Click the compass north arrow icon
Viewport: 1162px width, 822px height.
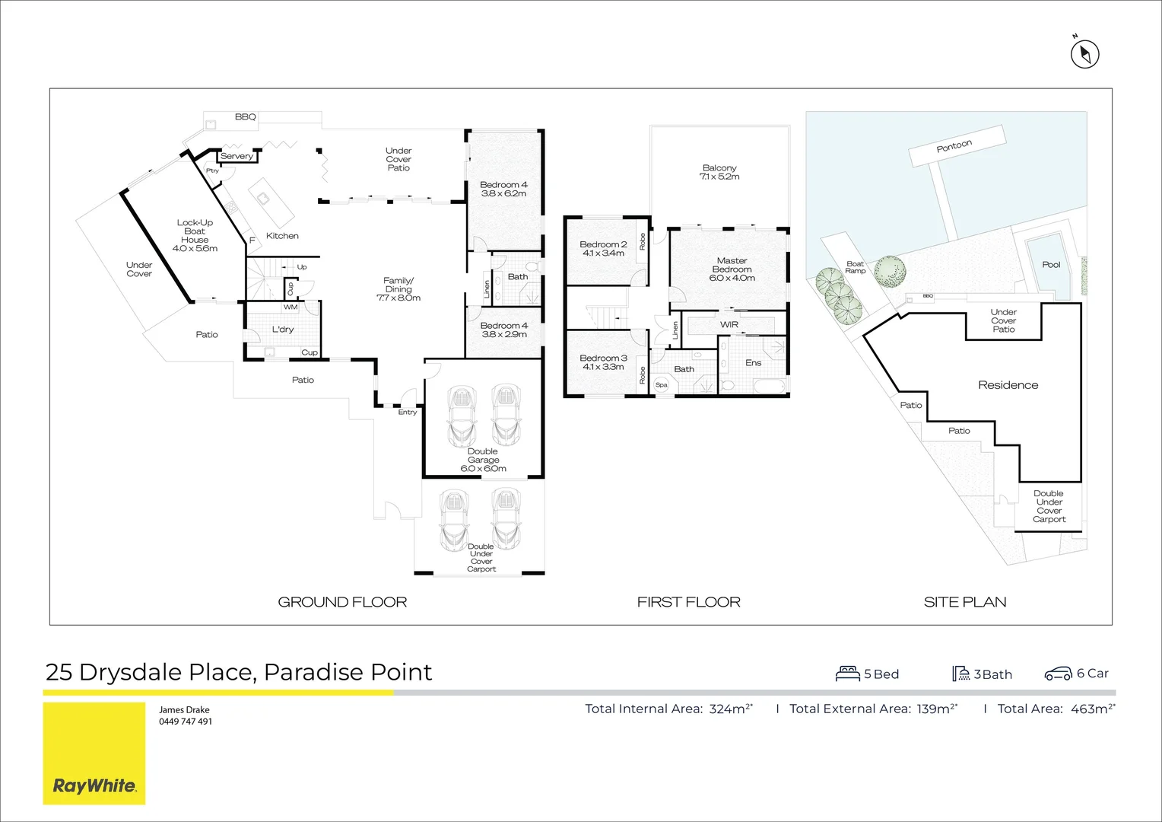click(x=1084, y=54)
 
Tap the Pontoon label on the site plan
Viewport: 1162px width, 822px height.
click(x=954, y=146)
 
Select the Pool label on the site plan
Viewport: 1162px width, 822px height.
click(x=1051, y=265)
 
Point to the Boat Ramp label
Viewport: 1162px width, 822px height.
click(x=855, y=267)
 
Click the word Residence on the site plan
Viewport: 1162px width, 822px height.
click(x=1008, y=385)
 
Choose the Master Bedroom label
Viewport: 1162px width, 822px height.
click(x=732, y=269)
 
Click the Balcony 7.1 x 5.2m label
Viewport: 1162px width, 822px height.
click(x=719, y=172)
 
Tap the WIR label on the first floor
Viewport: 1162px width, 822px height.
click(x=729, y=325)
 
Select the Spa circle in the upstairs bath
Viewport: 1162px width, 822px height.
click(x=662, y=385)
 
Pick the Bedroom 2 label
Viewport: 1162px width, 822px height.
click(x=603, y=249)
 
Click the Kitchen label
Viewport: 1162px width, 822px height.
click(x=282, y=236)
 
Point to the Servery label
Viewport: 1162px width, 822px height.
click(x=237, y=156)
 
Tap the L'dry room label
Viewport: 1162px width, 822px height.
click(x=283, y=330)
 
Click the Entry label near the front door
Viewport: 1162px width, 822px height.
click(x=408, y=413)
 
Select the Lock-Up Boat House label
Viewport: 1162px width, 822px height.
click(x=195, y=235)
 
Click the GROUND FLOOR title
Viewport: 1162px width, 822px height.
click(x=342, y=602)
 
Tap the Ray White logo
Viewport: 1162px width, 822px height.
click(x=94, y=785)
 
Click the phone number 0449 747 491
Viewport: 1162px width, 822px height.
click(x=186, y=722)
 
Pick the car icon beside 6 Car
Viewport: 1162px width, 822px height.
click(x=1058, y=674)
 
